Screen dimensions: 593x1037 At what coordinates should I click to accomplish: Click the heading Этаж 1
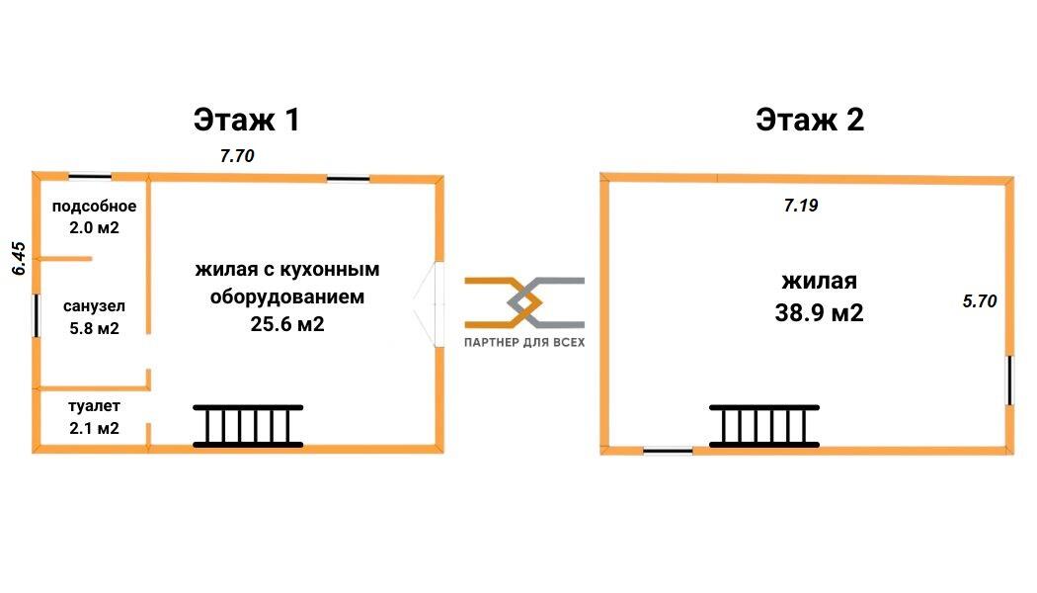click(x=246, y=120)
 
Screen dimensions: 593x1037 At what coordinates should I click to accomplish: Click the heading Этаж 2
click(x=810, y=120)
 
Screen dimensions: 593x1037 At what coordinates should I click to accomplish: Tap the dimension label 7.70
click(x=237, y=155)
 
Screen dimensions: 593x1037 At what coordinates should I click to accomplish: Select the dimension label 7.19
click(x=801, y=206)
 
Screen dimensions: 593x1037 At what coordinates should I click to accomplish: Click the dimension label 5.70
click(x=979, y=301)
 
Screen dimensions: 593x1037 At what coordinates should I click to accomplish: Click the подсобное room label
click(x=94, y=207)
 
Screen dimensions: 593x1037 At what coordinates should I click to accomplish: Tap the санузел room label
click(x=94, y=306)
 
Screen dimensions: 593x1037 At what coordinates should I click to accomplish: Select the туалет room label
click(x=94, y=406)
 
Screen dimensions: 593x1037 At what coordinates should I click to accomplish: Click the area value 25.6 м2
click(x=286, y=323)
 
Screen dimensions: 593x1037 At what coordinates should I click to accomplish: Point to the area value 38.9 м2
click(x=820, y=313)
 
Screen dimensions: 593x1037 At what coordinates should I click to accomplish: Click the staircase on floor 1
click(x=248, y=425)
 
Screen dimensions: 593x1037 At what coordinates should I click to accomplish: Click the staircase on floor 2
click(x=764, y=426)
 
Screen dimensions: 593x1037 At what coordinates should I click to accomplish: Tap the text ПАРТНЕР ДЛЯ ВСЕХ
click(x=524, y=342)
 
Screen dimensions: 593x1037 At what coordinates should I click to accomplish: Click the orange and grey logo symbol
click(x=524, y=301)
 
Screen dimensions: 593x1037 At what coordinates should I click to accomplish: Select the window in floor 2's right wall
click(x=1009, y=380)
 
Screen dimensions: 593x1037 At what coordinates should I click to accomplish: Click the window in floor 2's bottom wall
click(x=668, y=451)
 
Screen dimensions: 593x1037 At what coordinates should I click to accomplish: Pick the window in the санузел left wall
click(x=36, y=316)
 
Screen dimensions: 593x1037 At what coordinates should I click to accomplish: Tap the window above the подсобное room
click(x=90, y=177)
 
